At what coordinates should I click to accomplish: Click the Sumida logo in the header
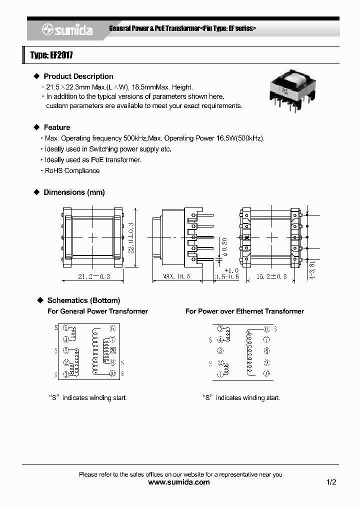point(66,30)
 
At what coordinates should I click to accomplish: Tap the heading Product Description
point(78,76)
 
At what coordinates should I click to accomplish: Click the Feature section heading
point(56,127)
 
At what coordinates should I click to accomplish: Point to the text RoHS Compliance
point(72,170)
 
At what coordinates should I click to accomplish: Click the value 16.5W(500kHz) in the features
point(239,138)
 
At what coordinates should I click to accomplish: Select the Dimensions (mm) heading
point(74,192)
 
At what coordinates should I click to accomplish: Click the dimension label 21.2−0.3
point(93,276)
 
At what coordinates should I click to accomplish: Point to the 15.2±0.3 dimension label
point(271,276)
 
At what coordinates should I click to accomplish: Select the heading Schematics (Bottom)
point(83,300)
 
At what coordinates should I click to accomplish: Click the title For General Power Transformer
point(97,311)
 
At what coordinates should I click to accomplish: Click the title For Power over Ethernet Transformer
point(244,311)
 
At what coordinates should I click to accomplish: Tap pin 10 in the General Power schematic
point(113,373)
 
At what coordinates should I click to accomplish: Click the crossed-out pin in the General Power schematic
point(113,350)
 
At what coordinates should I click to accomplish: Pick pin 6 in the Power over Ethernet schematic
point(267,328)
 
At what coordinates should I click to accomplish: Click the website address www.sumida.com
point(179,482)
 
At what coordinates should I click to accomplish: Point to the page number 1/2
point(331,482)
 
